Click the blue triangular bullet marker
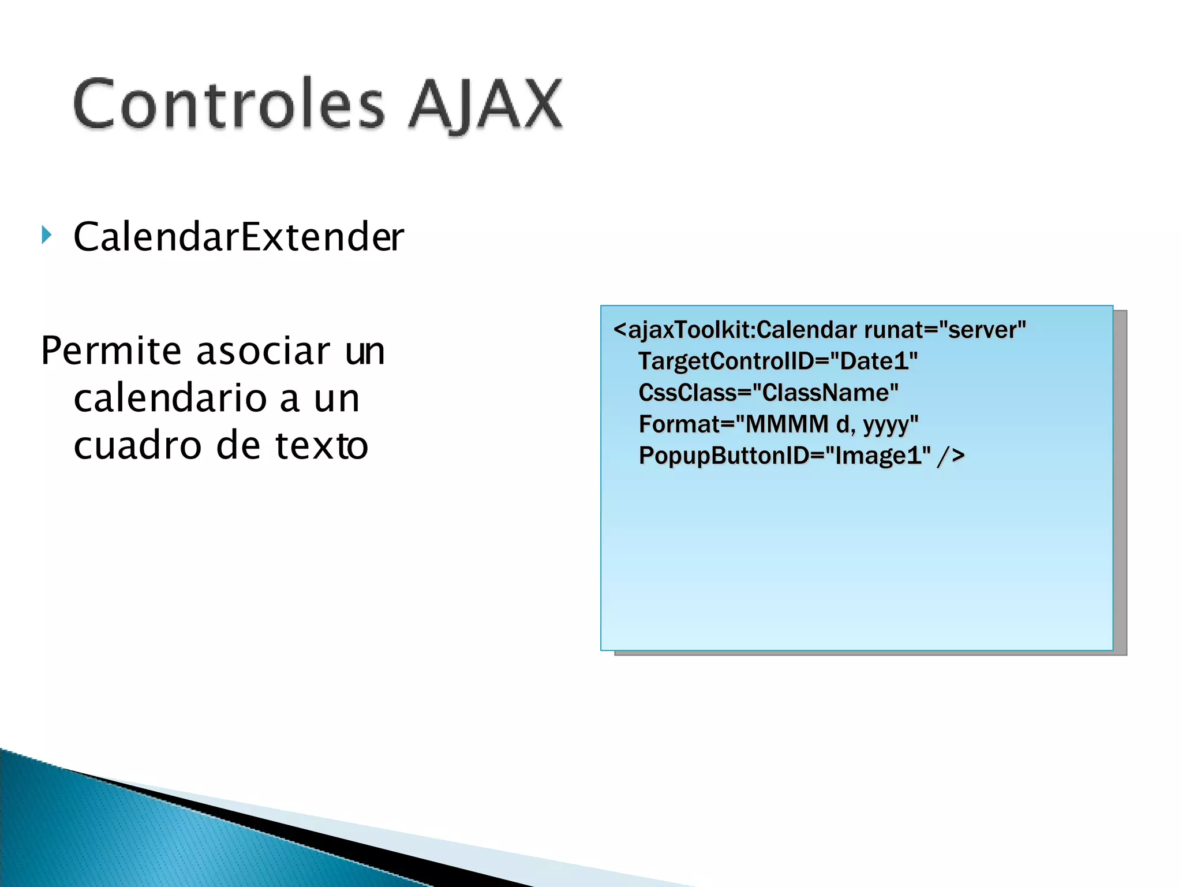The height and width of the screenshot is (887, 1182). coord(47,235)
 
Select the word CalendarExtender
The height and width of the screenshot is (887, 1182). coord(238,237)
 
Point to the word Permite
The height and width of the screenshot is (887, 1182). coord(111,351)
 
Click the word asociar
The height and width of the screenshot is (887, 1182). coord(263,351)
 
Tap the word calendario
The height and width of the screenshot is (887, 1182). coord(171,398)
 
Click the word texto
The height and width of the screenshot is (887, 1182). coord(321,446)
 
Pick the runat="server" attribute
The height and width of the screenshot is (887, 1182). coord(945,330)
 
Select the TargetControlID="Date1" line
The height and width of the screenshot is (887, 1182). coord(777,361)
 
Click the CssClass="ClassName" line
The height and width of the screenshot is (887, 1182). coord(768,393)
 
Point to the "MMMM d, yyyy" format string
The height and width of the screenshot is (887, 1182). coord(826,424)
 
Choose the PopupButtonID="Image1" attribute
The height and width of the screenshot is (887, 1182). coord(784,456)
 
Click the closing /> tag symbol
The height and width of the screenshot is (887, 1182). coord(951,456)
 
